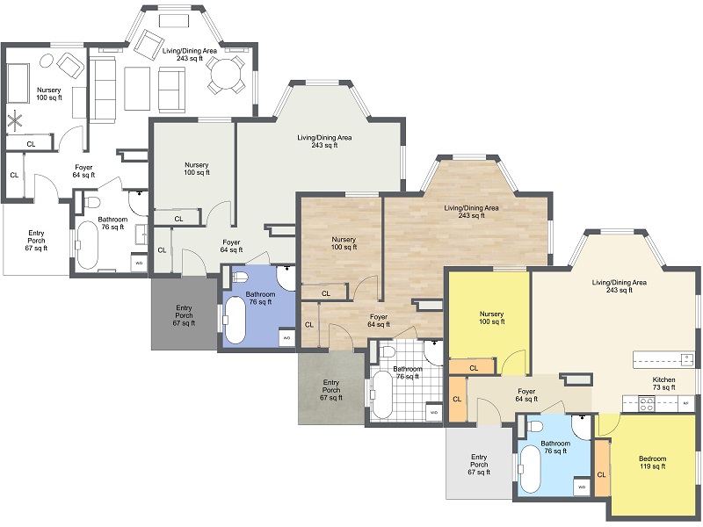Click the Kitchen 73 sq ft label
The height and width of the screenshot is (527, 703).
click(x=663, y=384)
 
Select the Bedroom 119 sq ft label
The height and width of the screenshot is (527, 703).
click(x=652, y=462)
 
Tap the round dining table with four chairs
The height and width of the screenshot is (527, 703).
click(x=228, y=75)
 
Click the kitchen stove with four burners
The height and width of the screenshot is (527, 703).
click(x=646, y=404)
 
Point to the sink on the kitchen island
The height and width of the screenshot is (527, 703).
click(x=685, y=358)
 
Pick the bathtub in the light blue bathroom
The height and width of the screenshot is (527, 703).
click(x=531, y=469)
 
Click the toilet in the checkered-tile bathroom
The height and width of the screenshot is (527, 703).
click(x=388, y=352)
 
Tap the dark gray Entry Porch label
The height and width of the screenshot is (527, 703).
click(x=184, y=315)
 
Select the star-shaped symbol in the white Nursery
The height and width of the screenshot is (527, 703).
click(x=16, y=120)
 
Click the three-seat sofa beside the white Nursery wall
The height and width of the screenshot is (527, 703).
click(x=102, y=90)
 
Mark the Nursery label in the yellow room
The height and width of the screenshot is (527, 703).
click(x=491, y=317)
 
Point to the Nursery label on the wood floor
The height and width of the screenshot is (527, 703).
click(x=344, y=243)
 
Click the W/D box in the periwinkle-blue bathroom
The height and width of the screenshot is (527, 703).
click(x=286, y=337)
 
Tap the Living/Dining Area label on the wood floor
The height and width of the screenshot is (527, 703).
click(x=471, y=212)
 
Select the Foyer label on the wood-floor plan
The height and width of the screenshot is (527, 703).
click(x=379, y=321)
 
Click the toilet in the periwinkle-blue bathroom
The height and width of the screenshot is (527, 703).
click(x=240, y=278)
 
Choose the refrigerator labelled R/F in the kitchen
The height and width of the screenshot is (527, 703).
click(x=685, y=404)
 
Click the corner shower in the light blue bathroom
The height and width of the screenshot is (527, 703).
click(x=583, y=425)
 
